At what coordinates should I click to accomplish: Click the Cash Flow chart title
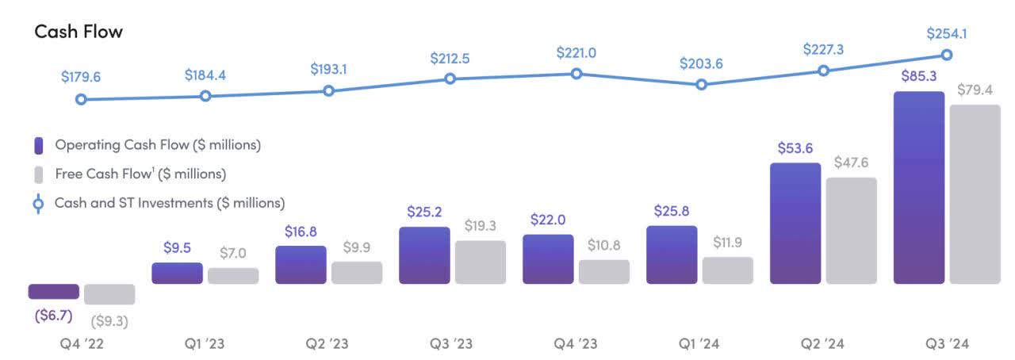pos(78,31)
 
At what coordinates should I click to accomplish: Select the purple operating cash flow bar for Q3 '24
pos(919,187)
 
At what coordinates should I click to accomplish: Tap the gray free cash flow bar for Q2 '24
pos(851,230)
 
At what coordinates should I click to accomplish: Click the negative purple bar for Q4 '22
pos(53,291)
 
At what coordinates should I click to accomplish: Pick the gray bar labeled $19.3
pos(480,262)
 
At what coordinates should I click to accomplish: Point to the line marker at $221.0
pos(576,74)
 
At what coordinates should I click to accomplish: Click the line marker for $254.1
pos(947,55)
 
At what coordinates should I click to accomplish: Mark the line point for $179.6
pos(81,100)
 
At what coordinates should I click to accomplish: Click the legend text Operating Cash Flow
pos(157,145)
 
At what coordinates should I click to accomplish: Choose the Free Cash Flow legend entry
pos(140,174)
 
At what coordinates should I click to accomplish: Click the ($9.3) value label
pos(109,321)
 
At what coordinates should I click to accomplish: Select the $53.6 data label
pos(795,148)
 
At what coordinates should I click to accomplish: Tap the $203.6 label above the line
pos(700,64)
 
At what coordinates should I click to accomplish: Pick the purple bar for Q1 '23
pos(177,273)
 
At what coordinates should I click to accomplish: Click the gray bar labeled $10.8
pos(603,271)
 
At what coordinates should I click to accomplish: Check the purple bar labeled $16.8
pos(301,264)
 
